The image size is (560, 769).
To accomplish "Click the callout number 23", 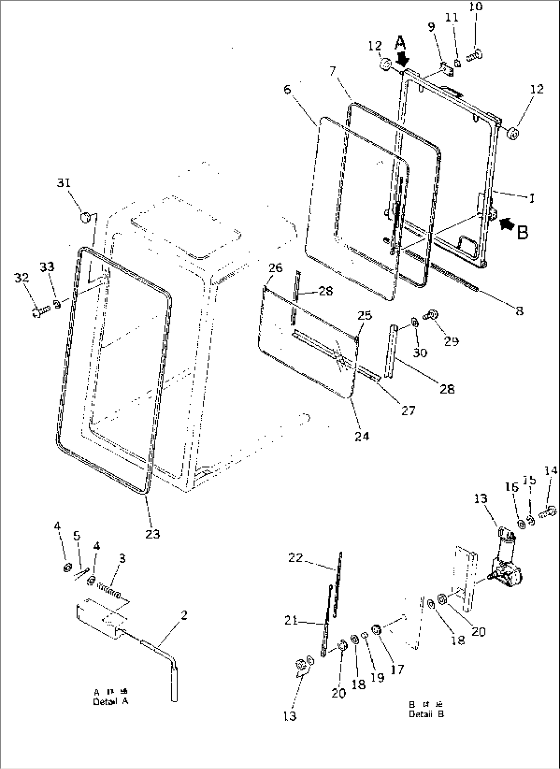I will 152,534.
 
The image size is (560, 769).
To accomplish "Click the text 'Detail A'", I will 110,702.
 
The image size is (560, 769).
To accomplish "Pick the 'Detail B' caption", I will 426,714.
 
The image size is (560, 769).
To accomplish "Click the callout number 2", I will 184,615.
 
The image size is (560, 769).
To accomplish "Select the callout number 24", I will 362,436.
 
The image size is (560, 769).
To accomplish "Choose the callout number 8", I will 519,310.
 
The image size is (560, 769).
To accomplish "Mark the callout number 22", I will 296,557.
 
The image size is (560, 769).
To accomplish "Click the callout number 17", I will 397,669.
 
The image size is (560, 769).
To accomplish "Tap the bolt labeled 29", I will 428,315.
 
